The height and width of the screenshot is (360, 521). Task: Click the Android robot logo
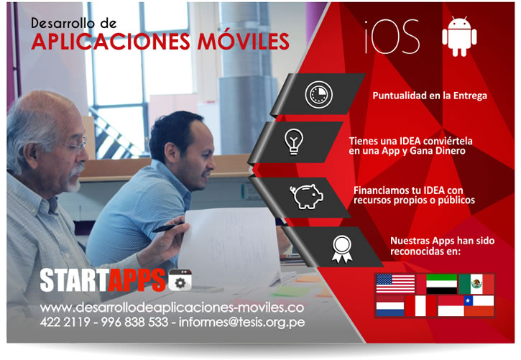[x=459, y=36]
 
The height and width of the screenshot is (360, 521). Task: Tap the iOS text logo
[x=392, y=36]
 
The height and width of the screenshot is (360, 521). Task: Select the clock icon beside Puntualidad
[x=318, y=95]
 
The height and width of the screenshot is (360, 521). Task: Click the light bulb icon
[x=294, y=142]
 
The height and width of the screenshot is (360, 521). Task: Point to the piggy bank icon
[x=306, y=196]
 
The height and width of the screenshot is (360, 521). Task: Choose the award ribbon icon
[x=341, y=249]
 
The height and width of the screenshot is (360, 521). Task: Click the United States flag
[x=395, y=284]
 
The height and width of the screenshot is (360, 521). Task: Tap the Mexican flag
[x=476, y=284]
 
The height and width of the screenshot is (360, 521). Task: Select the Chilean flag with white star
[x=479, y=306]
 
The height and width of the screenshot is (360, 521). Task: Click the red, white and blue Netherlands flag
[x=390, y=306]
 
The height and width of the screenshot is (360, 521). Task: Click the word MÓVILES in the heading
[x=243, y=42]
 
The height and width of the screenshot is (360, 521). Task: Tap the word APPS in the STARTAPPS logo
[x=137, y=280]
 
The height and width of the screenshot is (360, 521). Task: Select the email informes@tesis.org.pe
[x=241, y=322]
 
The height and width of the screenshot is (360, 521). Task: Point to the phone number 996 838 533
[x=134, y=322]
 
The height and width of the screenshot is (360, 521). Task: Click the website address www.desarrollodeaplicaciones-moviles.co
[x=172, y=308]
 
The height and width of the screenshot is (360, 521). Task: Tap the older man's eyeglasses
[x=75, y=145]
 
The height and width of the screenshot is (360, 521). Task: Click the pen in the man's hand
[x=168, y=228]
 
